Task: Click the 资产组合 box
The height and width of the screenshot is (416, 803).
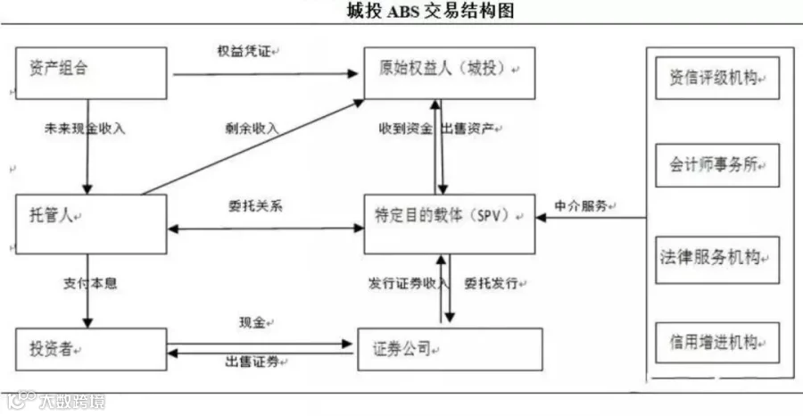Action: (91, 73)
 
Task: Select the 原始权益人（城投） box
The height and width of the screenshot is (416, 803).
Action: (450, 73)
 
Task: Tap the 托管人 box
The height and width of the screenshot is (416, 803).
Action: (91, 224)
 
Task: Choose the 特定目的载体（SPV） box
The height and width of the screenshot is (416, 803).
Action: (450, 224)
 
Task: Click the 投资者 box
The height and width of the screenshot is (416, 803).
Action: (91, 349)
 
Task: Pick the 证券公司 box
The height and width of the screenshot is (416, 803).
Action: (450, 349)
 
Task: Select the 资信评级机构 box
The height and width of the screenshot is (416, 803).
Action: (717, 78)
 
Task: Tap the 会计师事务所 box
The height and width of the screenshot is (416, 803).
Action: (717, 165)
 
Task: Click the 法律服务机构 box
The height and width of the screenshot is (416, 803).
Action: (717, 260)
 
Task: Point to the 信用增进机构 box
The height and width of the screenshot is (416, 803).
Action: (717, 343)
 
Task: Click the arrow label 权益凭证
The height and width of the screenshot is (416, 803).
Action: (244, 52)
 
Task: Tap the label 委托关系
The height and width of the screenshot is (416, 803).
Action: (255, 205)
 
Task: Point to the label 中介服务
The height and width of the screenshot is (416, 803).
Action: (581, 205)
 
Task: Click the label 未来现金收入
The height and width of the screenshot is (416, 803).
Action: (85, 129)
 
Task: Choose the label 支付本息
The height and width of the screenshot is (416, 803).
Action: (90, 283)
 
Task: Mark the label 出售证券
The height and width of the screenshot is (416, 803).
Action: (252, 362)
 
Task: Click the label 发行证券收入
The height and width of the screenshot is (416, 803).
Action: (408, 283)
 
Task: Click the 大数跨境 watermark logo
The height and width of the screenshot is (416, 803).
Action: (55, 401)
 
